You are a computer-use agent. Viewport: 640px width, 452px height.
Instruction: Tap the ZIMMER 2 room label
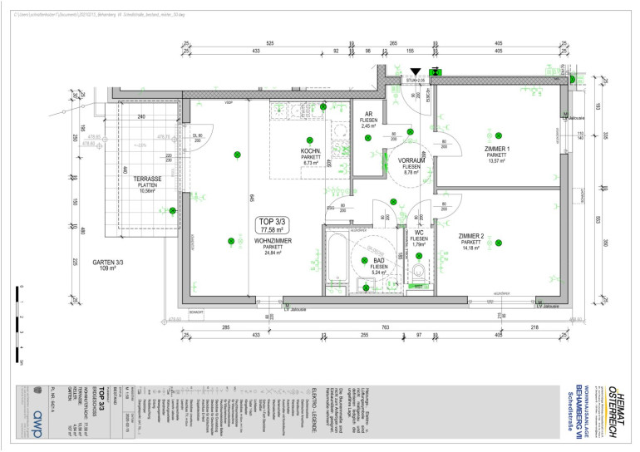[x=470, y=236]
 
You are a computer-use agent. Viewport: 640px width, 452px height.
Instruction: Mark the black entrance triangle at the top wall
[x=416, y=72]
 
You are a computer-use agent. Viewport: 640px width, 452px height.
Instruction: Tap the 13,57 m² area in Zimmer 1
[x=497, y=161]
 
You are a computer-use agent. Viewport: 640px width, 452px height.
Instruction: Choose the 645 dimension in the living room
[x=250, y=198]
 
